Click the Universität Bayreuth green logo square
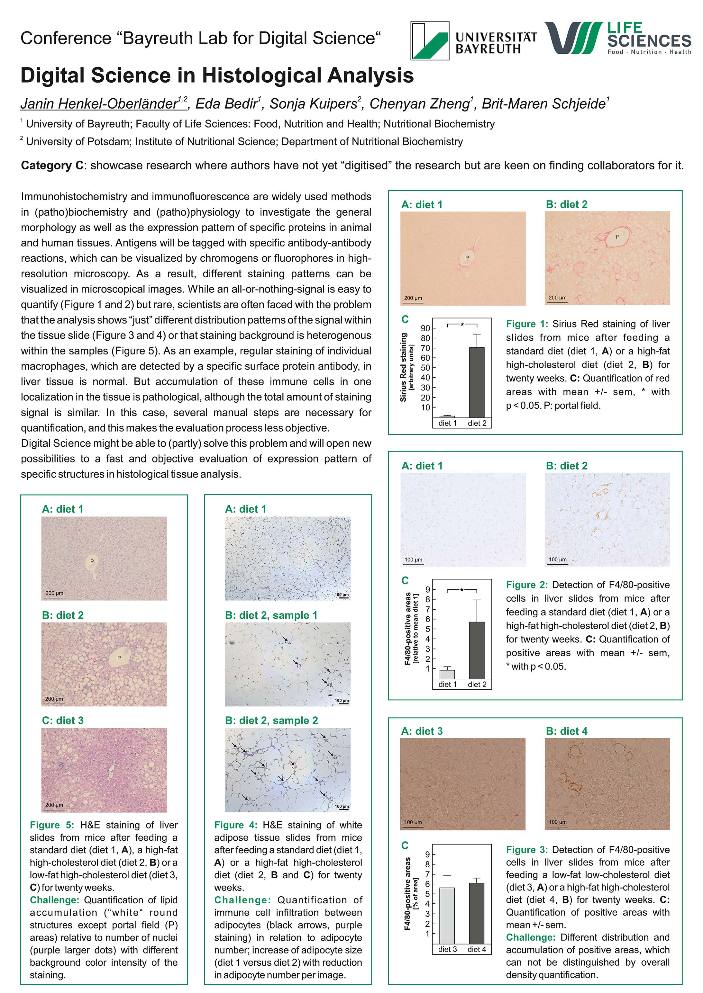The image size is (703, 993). pyautogui.click(x=430, y=41)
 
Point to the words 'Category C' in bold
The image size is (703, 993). pyautogui.click(x=52, y=165)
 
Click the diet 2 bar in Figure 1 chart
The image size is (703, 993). pyautogui.click(x=477, y=382)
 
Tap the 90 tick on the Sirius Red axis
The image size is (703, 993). pyautogui.click(x=425, y=328)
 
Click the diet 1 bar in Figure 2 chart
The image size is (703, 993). pyautogui.click(x=447, y=674)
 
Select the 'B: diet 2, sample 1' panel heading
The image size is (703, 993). pyautogui.click(x=271, y=615)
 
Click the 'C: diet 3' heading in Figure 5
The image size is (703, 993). pyautogui.click(x=63, y=720)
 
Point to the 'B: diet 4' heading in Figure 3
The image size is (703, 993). pyautogui.click(x=567, y=731)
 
